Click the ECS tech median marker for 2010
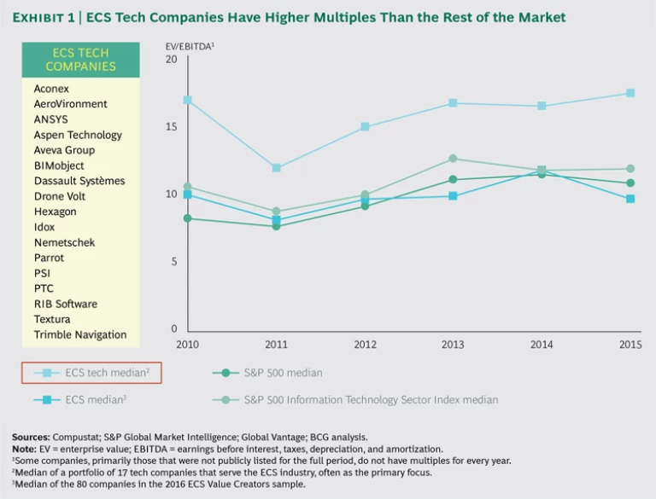[187, 100]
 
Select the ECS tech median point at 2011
[276, 168]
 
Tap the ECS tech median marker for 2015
[630, 93]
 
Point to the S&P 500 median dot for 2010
[187, 218]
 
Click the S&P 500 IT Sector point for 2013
[453, 159]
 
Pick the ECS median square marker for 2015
[630, 199]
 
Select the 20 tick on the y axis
[171, 59]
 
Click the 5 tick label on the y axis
[173, 262]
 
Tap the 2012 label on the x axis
[364, 345]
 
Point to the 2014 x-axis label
[542, 345]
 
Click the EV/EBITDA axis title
[189, 44]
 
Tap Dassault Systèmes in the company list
[79, 181]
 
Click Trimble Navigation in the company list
[80, 335]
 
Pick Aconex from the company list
[51, 89]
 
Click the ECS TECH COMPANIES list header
[80, 60]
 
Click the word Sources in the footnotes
[31, 438]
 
